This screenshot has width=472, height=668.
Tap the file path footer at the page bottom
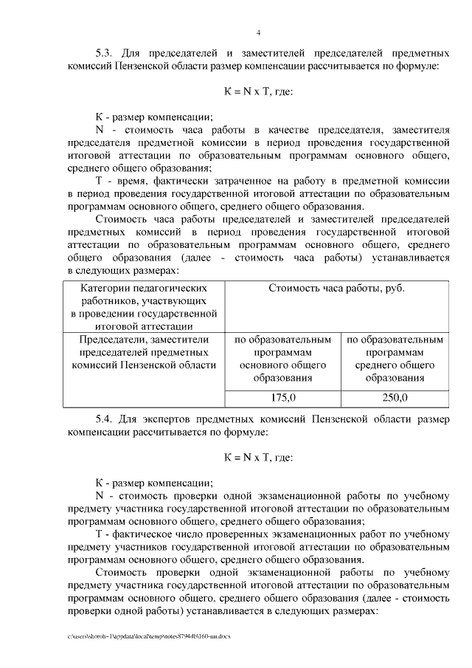147,635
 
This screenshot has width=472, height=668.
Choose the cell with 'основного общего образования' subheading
283,359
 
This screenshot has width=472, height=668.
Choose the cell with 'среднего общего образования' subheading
395,359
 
